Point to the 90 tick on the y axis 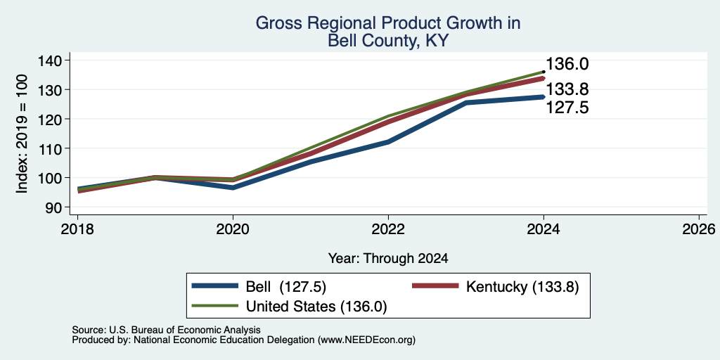[x=59, y=207]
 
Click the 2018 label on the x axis [x=77, y=229]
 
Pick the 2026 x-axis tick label [x=699, y=229]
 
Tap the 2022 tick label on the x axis [x=388, y=229]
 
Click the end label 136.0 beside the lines [x=567, y=64]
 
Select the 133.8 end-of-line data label [x=567, y=89]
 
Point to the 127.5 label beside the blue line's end [x=567, y=108]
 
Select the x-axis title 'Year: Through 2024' [x=388, y=259]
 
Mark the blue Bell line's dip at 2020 [x=233, y=188]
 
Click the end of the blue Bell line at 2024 [x=544, y=97]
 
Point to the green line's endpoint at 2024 [x=544, y=72]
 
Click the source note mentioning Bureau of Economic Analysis [x=166, y=330]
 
